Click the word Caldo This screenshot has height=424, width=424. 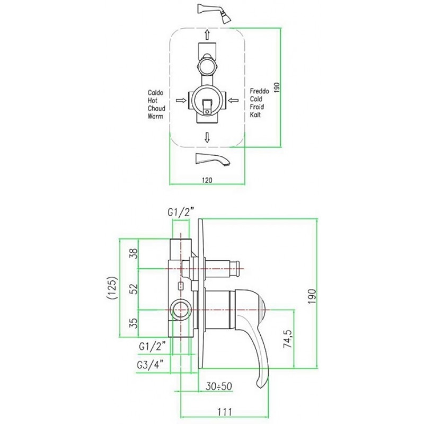[x=155, y=93]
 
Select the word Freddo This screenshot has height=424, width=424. [x=259, y=91]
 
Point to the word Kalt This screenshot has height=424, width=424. [x=255, y=114]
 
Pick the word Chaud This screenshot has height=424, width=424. [x=156, y=109]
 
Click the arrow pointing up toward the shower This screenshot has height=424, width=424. [x=207, y=35]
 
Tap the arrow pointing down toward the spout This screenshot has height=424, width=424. [x=207, y=137]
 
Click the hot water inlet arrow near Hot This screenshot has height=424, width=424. [x=181, y=101]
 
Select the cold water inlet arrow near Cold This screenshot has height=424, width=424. [x=233, y=101]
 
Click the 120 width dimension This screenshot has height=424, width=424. [x=207, y=180]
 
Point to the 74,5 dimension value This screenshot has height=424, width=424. [x=287, y=339]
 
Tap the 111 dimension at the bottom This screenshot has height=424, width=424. [x=225, y=412]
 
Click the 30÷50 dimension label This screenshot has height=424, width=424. [x=219, y=386]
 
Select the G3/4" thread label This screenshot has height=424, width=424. [x=151, y=365]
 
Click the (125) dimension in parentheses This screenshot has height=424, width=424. [x=112, y=288]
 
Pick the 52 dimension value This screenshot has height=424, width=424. [x=134, y=289]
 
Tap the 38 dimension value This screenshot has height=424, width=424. [x=134, y=254]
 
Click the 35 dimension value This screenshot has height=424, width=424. [x=134, y=323]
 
